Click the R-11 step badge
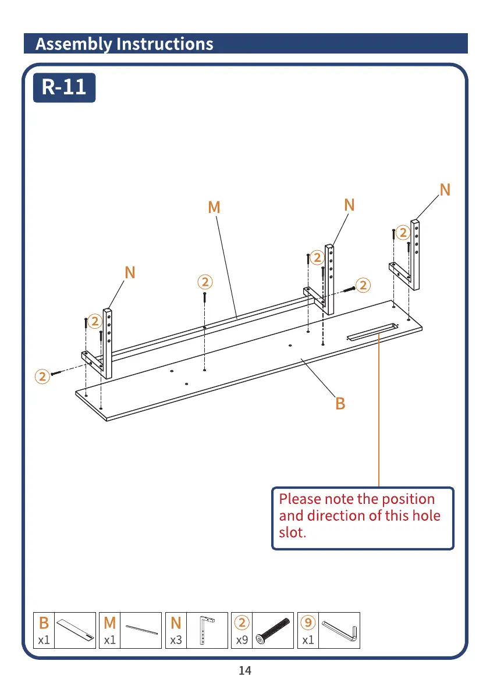64,87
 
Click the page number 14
245,671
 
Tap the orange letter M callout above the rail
214,207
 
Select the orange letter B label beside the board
340,403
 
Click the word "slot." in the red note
292,532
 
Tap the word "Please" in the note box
300,499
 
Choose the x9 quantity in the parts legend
242,640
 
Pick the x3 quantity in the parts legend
176,640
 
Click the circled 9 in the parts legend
308,623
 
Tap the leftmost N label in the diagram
130,272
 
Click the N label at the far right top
445,190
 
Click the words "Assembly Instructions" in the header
124,44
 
